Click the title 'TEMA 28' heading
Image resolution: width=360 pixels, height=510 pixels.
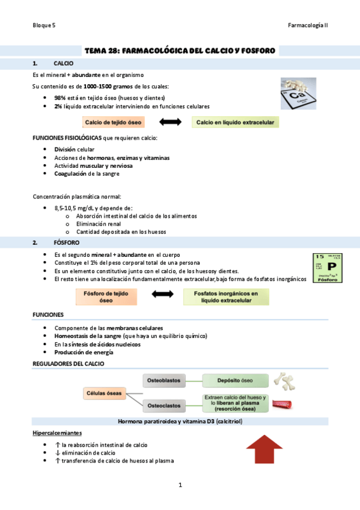point(180,51)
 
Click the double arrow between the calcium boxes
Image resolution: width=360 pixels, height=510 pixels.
point(170,123)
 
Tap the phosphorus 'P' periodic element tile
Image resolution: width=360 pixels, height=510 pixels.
point(328,268)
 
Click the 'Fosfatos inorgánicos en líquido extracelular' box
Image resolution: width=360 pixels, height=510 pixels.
point(226,296)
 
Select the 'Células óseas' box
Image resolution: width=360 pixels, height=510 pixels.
point(104,393)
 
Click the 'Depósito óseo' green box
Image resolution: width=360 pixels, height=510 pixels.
point(234,380)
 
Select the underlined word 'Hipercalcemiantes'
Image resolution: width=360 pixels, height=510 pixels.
point(57,433)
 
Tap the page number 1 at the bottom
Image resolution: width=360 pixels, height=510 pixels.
point(180,484)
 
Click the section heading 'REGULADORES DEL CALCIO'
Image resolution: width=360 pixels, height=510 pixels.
point(68,364)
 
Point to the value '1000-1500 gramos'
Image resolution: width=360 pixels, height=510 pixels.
point(106,87)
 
